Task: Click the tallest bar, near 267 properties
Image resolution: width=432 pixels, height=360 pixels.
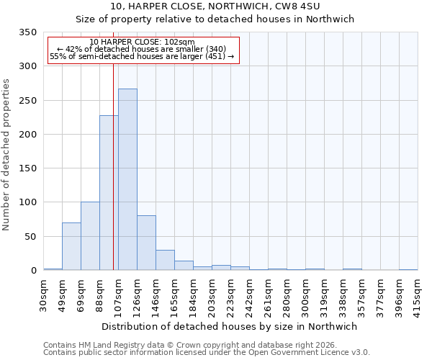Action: [127, 179]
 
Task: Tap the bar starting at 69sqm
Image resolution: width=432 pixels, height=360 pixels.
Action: [90, 236]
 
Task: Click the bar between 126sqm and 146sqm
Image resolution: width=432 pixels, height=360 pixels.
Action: [146, 243]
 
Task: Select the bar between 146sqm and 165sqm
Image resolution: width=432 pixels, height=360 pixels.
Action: [165, 260]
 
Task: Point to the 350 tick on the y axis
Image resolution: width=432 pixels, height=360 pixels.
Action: [27, 32]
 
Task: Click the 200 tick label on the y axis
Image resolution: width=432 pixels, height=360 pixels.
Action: [27, 135]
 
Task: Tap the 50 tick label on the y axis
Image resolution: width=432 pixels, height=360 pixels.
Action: [30, 237]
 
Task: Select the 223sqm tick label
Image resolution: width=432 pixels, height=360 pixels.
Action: [231, 294]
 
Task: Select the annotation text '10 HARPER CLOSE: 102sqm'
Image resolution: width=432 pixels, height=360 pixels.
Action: [143, 42]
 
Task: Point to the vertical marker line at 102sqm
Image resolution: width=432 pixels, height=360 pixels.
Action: [113, 166]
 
